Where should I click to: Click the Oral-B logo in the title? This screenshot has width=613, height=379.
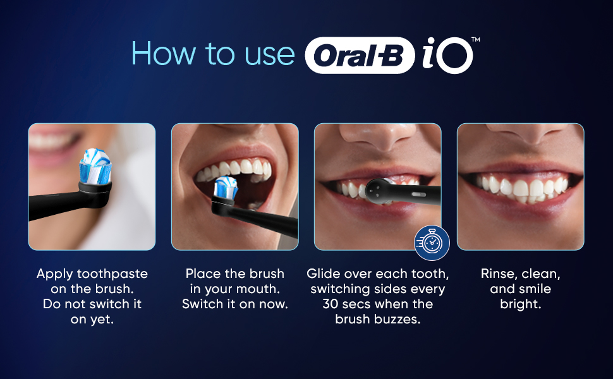360,56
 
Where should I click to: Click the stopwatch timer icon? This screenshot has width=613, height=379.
432,243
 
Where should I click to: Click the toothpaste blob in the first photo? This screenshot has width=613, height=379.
95,165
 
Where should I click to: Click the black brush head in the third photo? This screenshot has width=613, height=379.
380,189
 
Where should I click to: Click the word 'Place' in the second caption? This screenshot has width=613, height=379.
202,274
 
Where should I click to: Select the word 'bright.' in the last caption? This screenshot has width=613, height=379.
521,304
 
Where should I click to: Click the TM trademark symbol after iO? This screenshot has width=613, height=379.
476,40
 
